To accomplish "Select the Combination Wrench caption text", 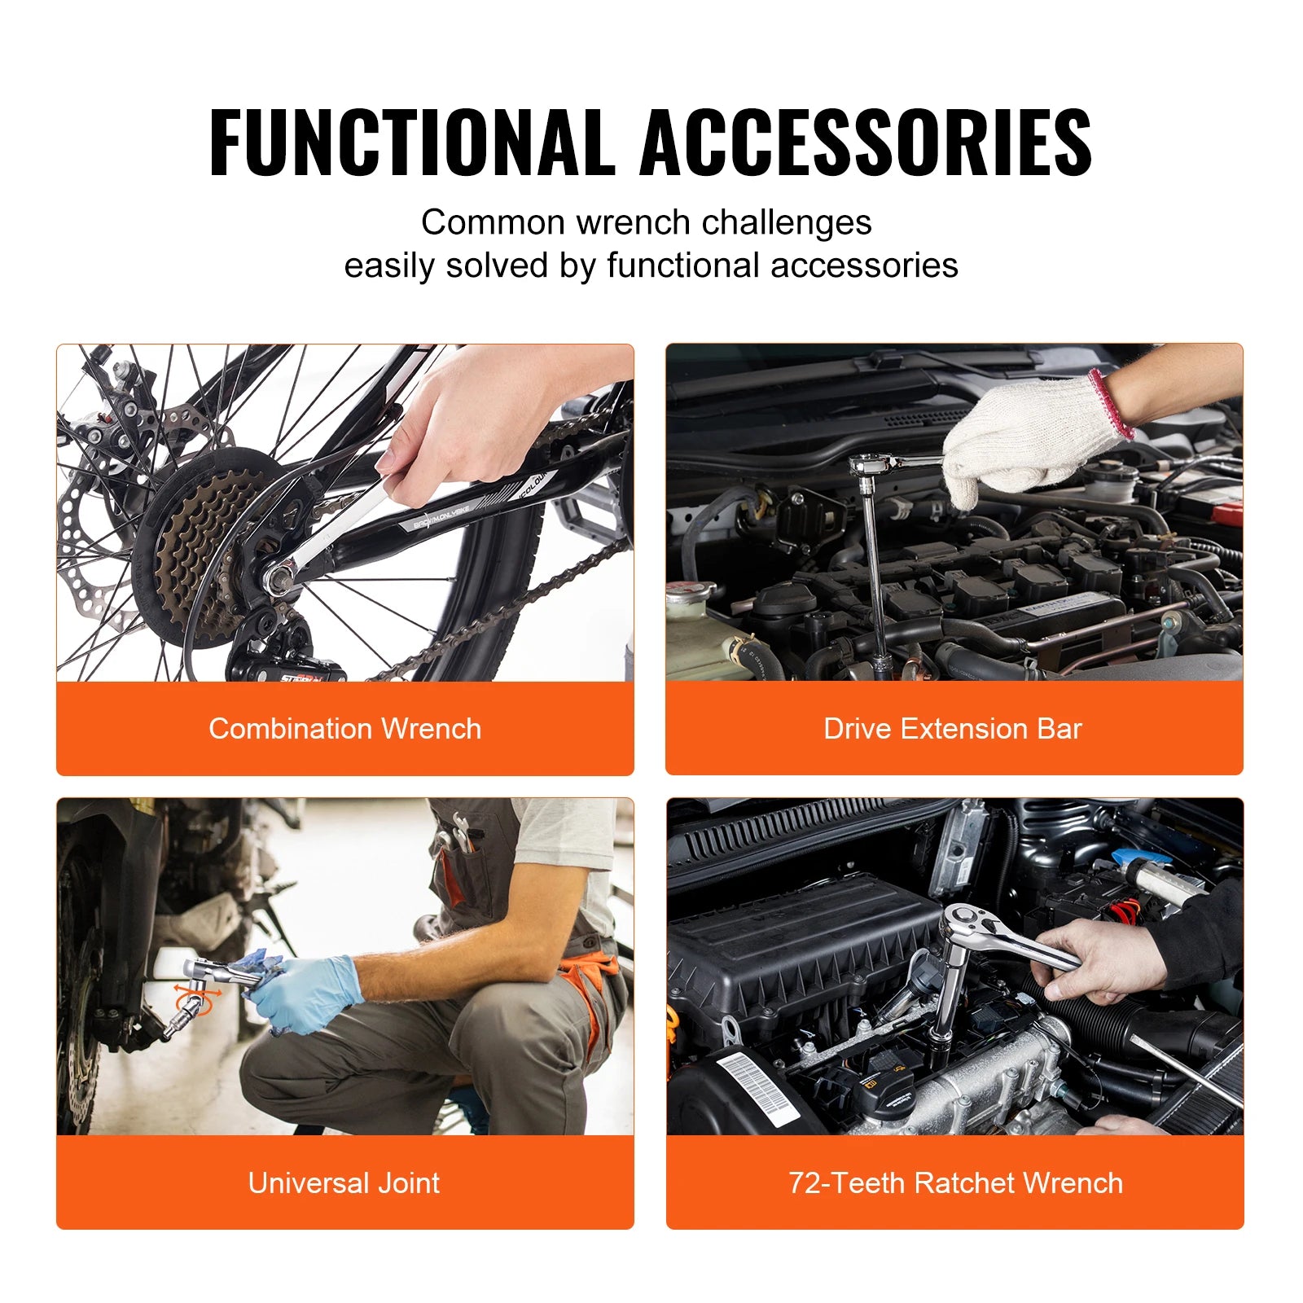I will click(344, 728).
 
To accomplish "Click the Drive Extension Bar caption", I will click(953, 728).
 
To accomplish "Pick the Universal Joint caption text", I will click(344, 1182).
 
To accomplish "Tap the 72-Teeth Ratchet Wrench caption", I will click(955, 1182).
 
